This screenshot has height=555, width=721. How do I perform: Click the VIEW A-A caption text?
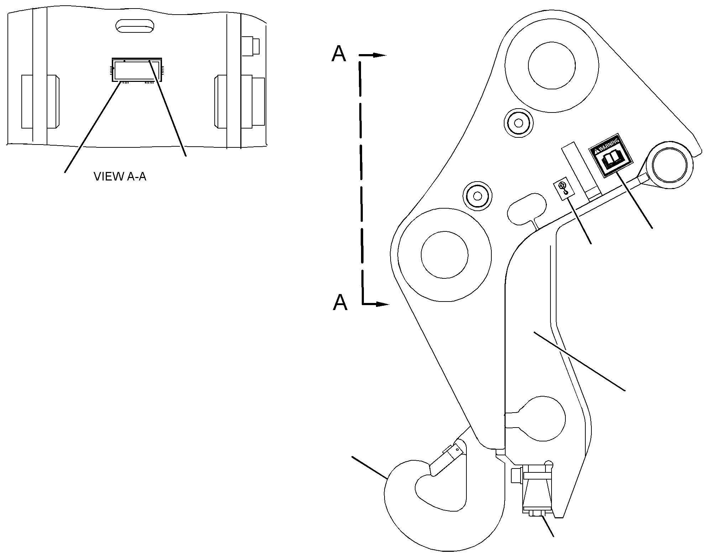[x=120, y=177]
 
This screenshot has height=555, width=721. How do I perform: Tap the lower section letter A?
[x=340, y=303]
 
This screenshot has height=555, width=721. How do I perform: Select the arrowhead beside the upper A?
[x=379, y=55]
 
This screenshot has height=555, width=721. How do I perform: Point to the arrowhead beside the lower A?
[x=383, y=304]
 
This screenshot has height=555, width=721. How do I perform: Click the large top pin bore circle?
[x=552, y=65]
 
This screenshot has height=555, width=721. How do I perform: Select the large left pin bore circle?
[x=444, y=255]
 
